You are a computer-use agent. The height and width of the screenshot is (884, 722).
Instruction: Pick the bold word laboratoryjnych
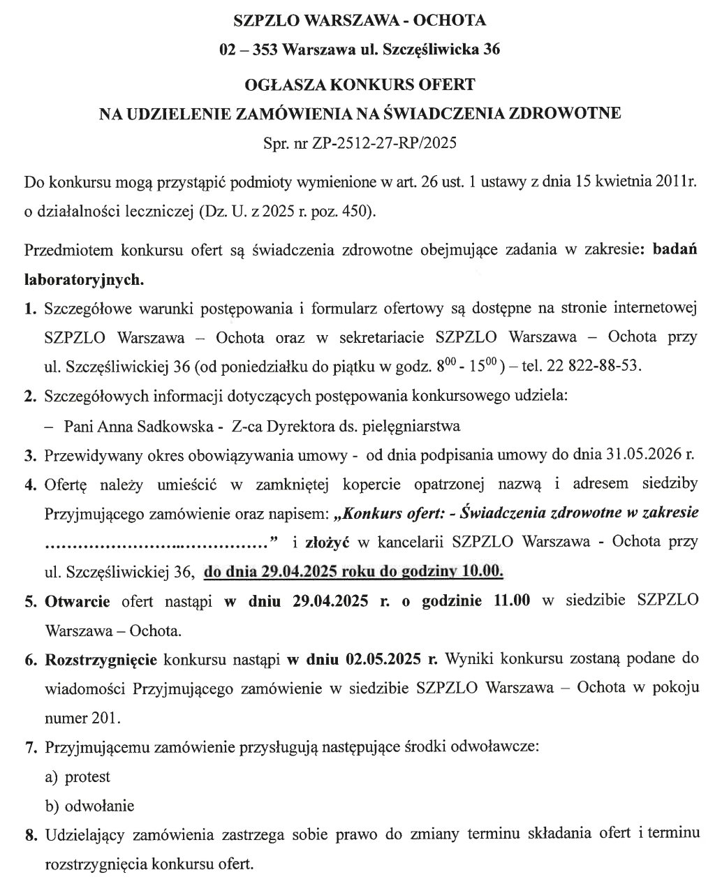coord(84,280)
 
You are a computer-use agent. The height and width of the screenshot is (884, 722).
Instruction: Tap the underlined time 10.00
coord(482,571)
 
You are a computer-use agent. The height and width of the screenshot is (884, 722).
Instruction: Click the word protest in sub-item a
coord(87,776)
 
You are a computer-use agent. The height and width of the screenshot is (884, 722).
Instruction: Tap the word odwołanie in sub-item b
coord(99,806)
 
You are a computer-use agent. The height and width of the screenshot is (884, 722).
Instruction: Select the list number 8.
coord(30,834)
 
